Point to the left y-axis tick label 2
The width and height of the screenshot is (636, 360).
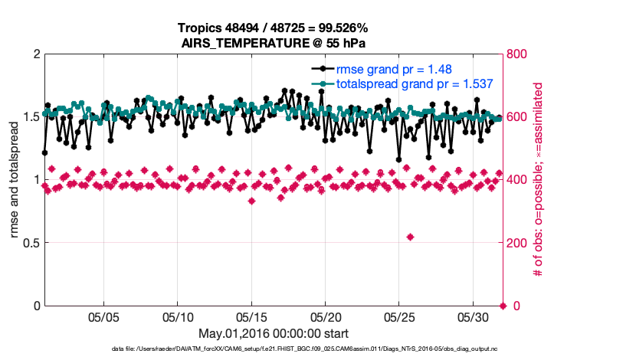[36, 54]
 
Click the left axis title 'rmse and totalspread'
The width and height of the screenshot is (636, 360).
[15, 180]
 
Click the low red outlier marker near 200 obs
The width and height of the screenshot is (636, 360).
[411, 237]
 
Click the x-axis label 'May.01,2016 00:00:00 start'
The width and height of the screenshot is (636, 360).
[273, 333]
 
